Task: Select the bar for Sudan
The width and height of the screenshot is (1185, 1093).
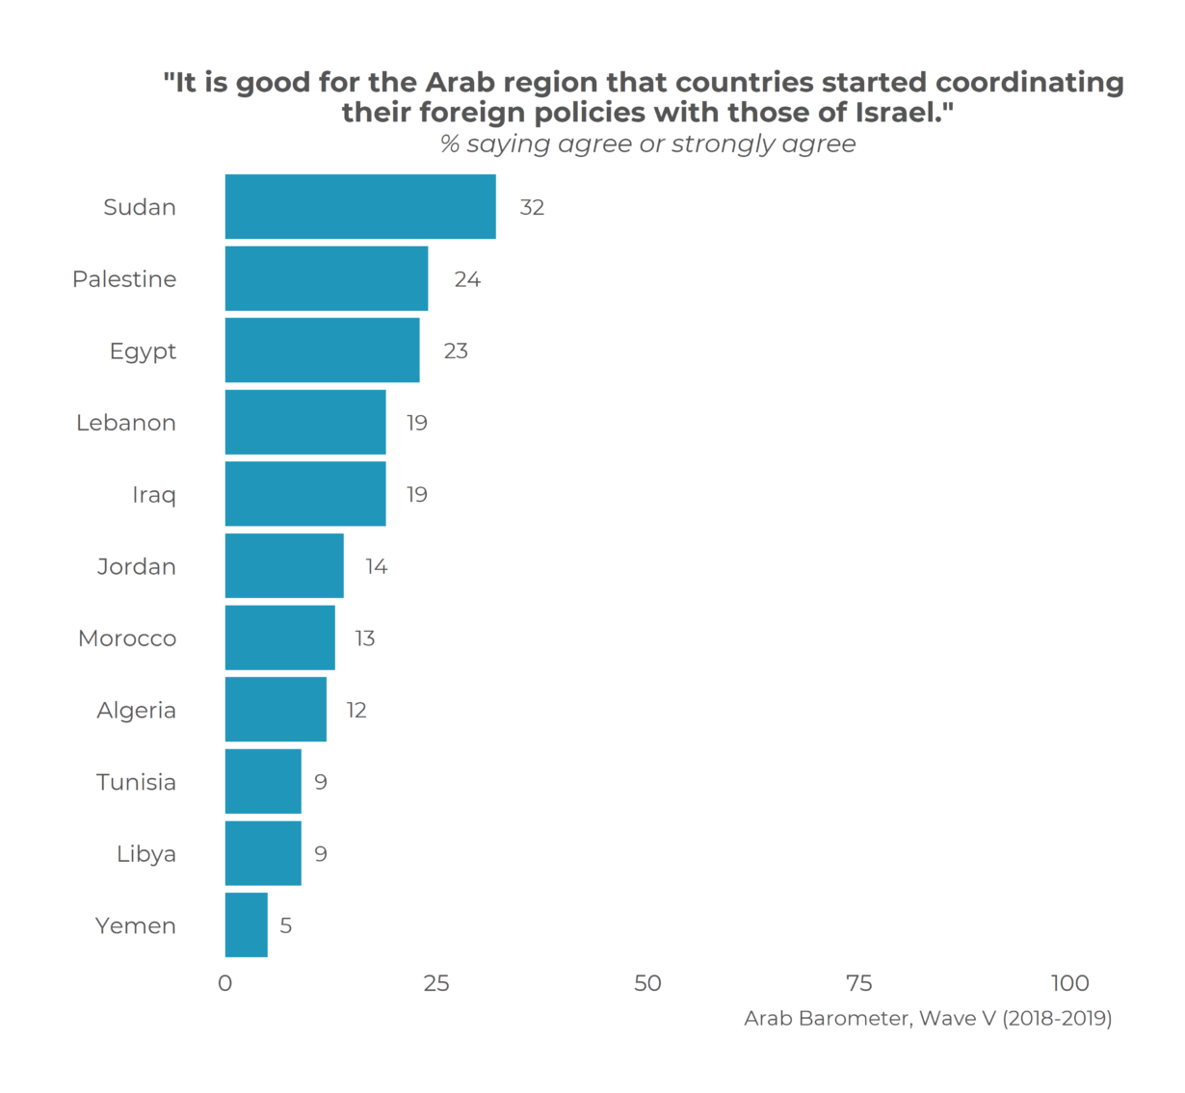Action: [x=360, y=207]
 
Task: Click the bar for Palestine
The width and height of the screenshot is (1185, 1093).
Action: [x=327, y=279]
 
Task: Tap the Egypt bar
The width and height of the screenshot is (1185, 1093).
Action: [x=322, y=351]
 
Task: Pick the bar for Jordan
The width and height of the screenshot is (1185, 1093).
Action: [x=284, y=566]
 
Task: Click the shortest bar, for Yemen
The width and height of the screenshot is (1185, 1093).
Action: [x=247, y=925]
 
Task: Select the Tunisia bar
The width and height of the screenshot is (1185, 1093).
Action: [x=263, y=782]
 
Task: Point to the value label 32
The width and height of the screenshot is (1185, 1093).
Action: [x=532, y=208]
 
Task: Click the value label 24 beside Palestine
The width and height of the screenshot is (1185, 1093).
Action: [x=467, y=279]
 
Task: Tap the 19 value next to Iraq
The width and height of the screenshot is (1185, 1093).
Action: [x=416, y=495]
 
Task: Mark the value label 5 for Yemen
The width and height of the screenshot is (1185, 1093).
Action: [x=286, y=926]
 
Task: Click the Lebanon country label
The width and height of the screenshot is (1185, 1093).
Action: [x=126, y=423]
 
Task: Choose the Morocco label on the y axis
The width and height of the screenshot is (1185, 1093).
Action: [x=127, y=638]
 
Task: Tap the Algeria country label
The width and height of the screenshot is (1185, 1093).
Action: [x=136, y=711]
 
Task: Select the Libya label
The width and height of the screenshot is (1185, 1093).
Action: [x=146, y=854]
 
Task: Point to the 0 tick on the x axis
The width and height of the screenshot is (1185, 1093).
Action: [x=225, y=983]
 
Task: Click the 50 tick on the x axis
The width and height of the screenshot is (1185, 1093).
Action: [x=647, y=983]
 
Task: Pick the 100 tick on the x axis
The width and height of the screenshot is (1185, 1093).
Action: [x=1069, y=983]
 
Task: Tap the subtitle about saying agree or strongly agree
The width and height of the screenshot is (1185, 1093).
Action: [x=647, y=144]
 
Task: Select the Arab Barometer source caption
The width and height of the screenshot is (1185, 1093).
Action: [x=928, y=1019]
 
